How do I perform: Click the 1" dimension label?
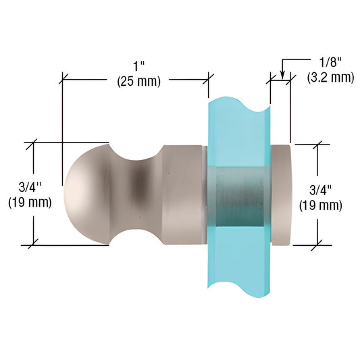point(139,67)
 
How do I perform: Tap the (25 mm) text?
point(139,81)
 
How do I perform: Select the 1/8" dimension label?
point(330,63)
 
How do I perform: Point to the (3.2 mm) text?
point(330,77)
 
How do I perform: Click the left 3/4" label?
point(30,188)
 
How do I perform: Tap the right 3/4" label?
point(321,190)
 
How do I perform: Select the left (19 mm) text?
point(30,202)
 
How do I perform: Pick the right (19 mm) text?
point(321,205)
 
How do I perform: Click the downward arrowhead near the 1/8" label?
point(282,74)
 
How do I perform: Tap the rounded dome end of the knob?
point(86,195)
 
